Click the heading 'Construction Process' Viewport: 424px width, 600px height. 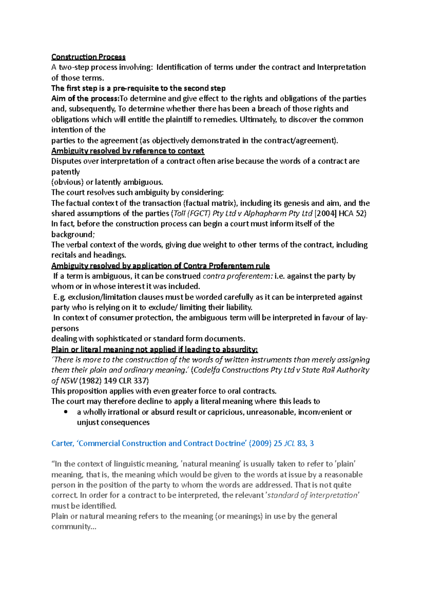pyautogui.click(x=88, y=57)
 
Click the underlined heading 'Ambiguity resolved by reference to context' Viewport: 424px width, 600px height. pyautogui.click(x=128, y=151)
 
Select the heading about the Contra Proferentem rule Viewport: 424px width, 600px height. pyautogui.click(x=160, y=266)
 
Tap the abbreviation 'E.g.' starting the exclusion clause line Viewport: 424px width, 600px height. pyautogui.click(x=59, y=297)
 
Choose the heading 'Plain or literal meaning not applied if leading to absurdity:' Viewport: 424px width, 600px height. pyautogui.click(x=154, y=349)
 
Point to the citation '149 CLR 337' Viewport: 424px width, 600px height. pyautogui.click(x=126, y=381)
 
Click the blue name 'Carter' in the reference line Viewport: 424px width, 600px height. pyautogui.click(x=62, y=443)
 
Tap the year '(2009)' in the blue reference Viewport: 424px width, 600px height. pyautogui.click(x=260, y=443)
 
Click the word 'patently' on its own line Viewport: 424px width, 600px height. pyautogui.click(x=65, y=172)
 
